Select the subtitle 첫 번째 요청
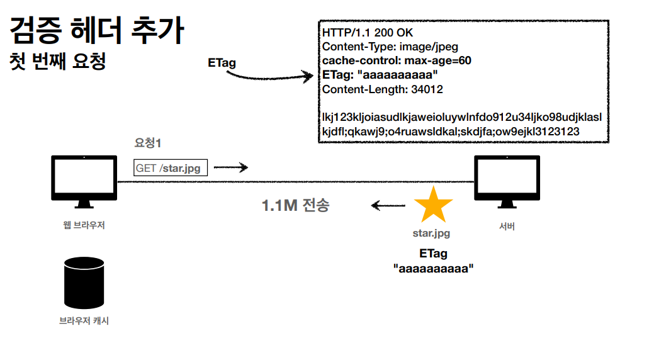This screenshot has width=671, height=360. [58, 61]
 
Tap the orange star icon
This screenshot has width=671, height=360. [433, 205]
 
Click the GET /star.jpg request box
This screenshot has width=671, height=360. [171, 167]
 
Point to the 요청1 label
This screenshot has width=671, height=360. [149, 143]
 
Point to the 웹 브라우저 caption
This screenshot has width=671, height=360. [84, 225]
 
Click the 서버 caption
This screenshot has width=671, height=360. [506, 226]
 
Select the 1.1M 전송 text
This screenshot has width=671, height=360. [295, 205]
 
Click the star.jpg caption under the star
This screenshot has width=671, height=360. [431, 233]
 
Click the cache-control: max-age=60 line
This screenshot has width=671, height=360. [397, 61]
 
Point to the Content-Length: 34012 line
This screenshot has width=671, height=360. [382, 89]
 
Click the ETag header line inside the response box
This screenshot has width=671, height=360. [380, 75]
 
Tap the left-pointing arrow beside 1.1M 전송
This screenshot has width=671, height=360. [388, 205]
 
